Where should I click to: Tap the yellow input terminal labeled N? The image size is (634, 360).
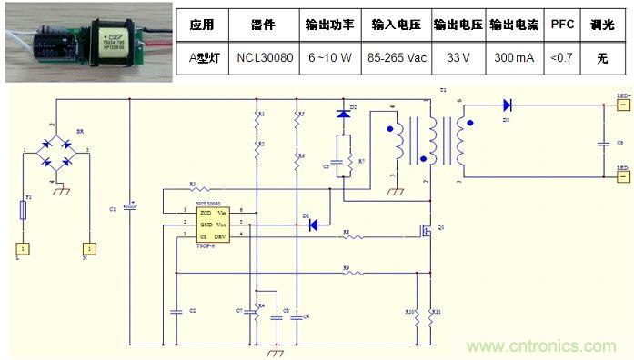pos(90,247)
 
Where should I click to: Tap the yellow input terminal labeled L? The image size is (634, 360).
pos(19,247)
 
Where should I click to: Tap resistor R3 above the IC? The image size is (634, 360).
pos(193,189)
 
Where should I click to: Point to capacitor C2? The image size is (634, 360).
pos(175,310)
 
